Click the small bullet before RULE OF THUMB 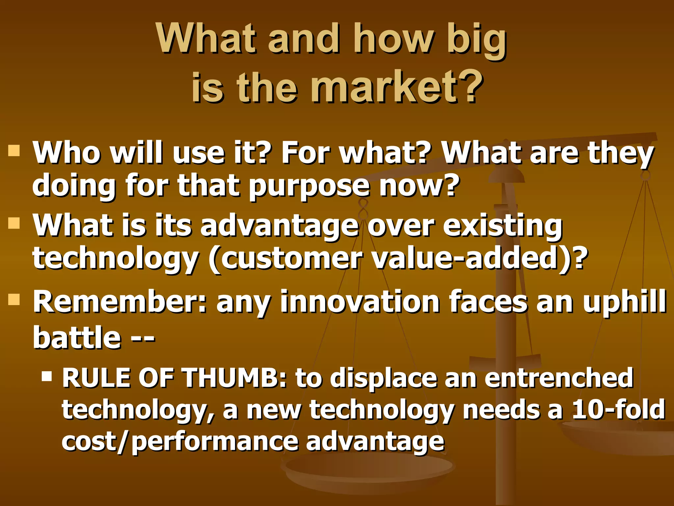pos(47,376)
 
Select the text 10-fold pos(619,409)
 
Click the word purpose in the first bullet pos(309,186)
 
